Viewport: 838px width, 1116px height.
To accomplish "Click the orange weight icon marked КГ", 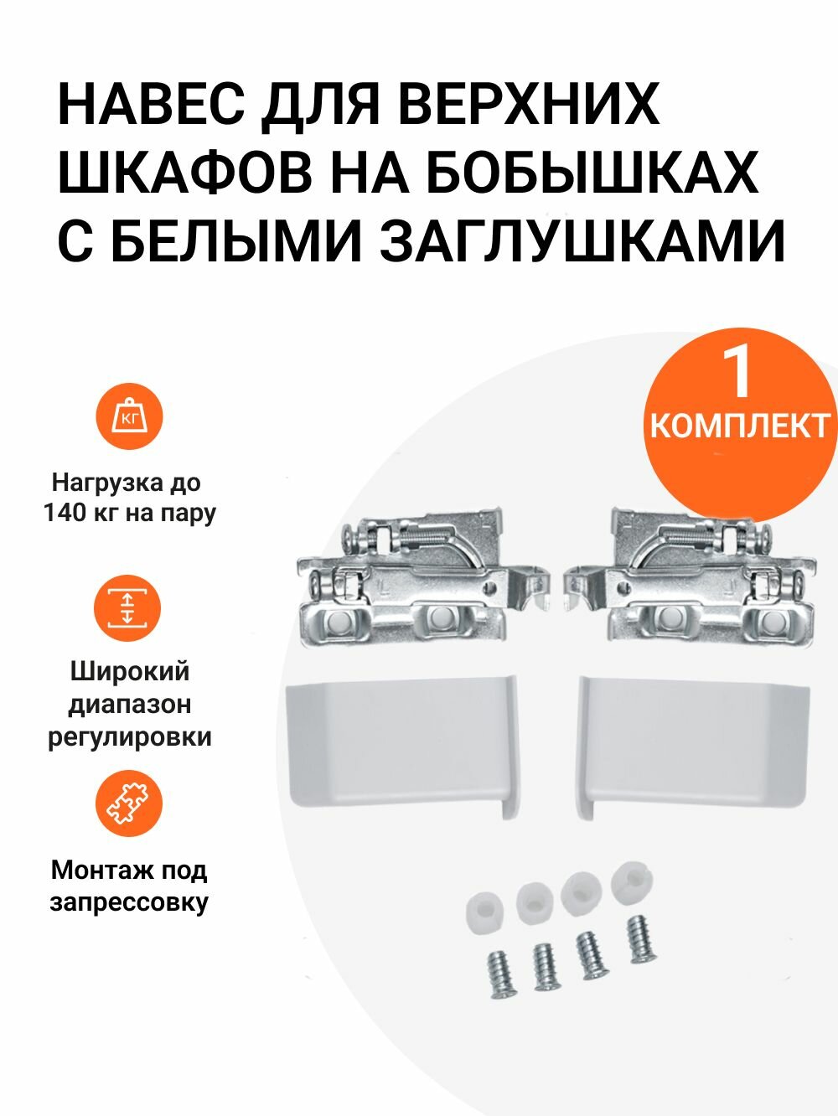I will click(127, 416).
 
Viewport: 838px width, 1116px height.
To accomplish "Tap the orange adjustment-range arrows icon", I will click(127, 608).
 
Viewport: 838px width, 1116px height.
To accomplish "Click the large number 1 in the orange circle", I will click(738, 375).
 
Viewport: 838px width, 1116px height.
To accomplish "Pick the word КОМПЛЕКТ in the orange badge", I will click(739, 426).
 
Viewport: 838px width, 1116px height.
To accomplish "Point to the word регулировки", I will click(130, 738).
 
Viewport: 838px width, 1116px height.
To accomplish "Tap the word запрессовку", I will click(129, 902).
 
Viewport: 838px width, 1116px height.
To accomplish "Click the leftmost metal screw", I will click(502, 972).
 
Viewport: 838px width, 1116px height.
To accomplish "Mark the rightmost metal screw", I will click(640, 939).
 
